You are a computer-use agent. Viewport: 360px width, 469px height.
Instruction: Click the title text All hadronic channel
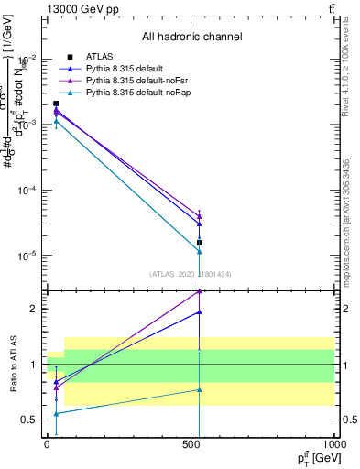(191, 38)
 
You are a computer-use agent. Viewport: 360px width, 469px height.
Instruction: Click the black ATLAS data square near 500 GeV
(200, 243)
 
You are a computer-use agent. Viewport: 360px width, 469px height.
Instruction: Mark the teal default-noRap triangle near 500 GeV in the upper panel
(200, 251)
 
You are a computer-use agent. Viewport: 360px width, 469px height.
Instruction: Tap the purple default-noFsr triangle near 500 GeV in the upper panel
(200, 214)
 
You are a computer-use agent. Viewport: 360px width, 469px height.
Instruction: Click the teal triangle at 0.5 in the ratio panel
(56, 413)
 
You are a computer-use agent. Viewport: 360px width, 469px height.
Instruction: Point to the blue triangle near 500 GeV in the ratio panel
(200, 312)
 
